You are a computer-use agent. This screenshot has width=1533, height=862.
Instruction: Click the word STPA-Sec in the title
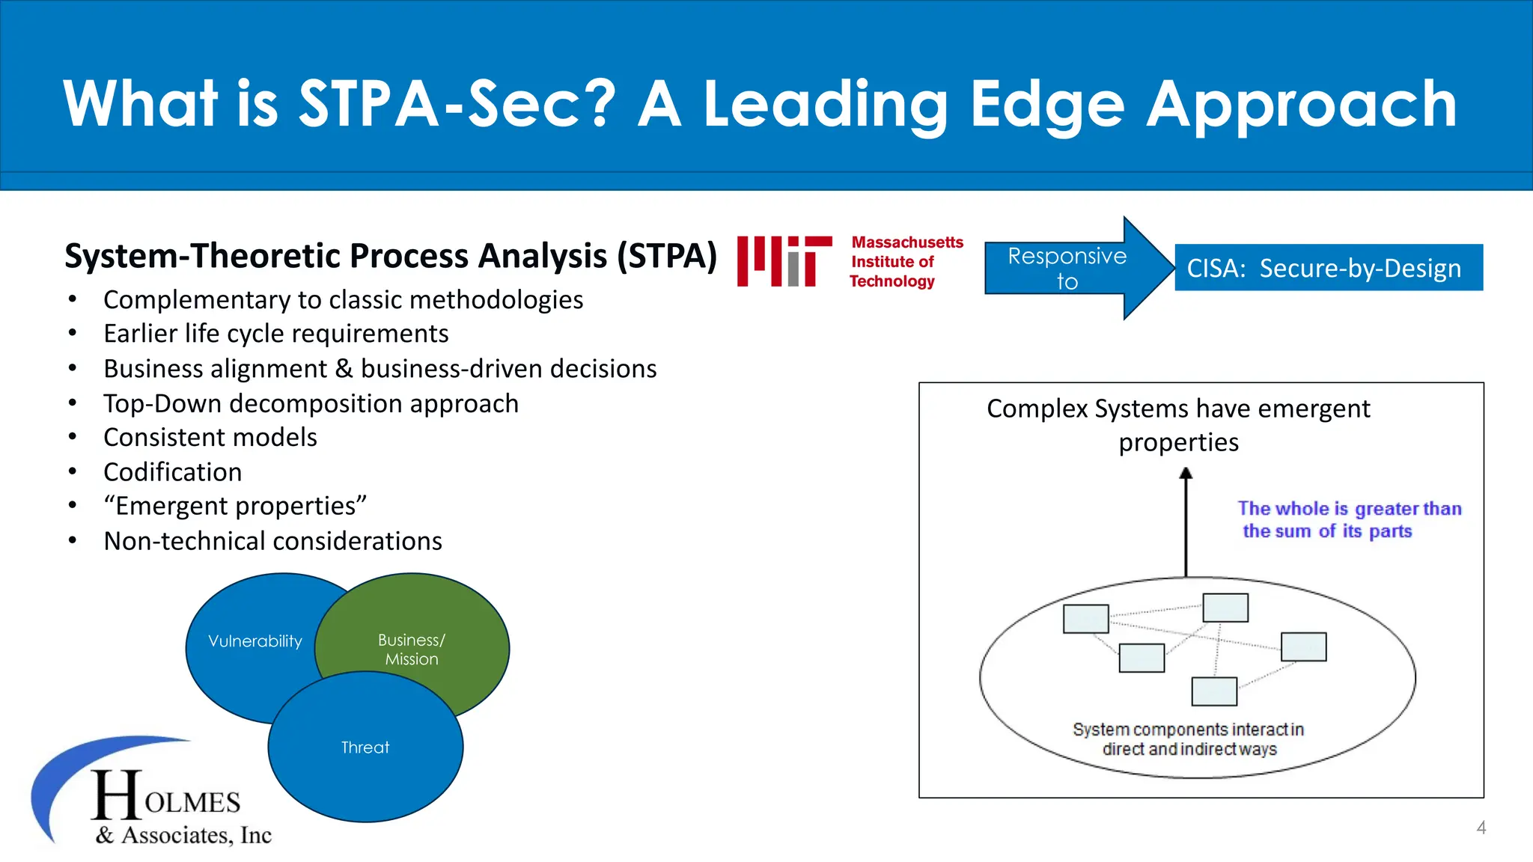click(x=457, y=105)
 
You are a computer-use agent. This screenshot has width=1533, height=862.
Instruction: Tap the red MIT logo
click(x=784, y=261)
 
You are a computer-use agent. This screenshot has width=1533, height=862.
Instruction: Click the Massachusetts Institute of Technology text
click(x=906, y=262)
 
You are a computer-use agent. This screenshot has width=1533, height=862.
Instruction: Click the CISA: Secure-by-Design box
click(x=1328, y=268)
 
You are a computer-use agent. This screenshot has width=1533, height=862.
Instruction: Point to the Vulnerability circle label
click(x=255, y=641)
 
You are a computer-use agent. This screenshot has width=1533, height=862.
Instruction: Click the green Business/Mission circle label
click(x=411, y=649)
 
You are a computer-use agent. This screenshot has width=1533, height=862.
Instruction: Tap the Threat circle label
click(x=365, y=748)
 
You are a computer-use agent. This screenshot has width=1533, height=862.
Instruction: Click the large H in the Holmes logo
click(x=117, y=796)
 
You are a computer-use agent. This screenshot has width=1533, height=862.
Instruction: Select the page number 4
click(x=1481, y=828)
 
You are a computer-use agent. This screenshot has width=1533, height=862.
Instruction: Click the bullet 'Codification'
click(x=173, y=472)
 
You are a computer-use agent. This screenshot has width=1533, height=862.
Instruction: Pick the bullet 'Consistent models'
click(x=210, y=438)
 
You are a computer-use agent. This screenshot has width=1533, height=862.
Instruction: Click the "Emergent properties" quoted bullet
click(x=235, y=507)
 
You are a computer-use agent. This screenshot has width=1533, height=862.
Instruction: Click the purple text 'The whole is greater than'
click(x=1349, y=509)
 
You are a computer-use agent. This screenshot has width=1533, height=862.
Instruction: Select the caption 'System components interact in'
click(x=1188, y=730)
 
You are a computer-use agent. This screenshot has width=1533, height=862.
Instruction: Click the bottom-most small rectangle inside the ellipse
click(x=1214, y=691)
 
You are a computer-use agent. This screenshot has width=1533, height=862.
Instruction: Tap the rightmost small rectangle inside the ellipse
click(x=1303, y=646)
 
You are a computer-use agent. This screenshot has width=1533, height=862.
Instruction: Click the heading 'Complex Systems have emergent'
click(x=1178, y=409)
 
